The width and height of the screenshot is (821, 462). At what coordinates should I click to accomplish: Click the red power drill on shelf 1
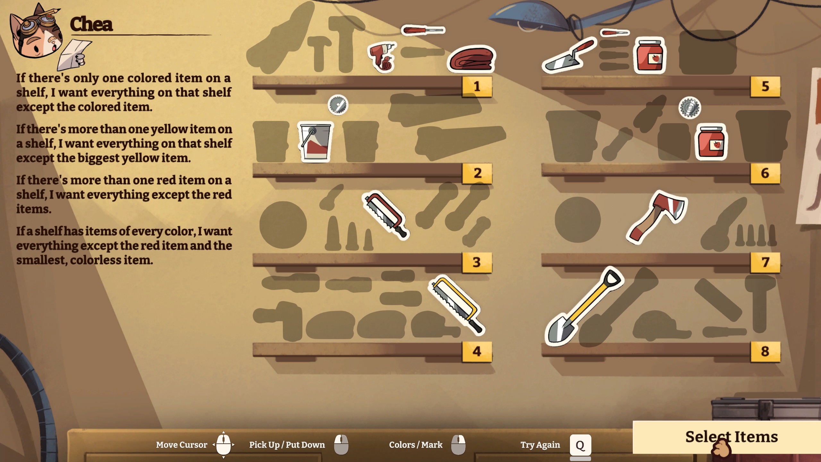click(x=382, y=57)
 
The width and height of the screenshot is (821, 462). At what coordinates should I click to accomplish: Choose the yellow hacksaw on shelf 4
click(x=457, y=304)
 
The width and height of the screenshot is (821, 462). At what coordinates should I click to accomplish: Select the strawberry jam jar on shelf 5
click(x=650, y=55)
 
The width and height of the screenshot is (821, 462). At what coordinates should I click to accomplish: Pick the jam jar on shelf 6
click(x=711, y=141)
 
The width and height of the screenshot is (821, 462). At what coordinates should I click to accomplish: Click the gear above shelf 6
click(x=690, y=108)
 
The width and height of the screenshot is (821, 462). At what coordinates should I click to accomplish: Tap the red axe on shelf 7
click(x=656, y=216)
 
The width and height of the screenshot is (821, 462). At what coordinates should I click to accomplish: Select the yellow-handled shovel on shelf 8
click(x=584, y=306)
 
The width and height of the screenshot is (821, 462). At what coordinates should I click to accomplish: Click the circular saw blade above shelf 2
click(x=338, y=105)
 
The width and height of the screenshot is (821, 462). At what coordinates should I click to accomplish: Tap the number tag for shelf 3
click(x=477, y=262)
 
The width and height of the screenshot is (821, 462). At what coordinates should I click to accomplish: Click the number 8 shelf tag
click(x=765, y=352)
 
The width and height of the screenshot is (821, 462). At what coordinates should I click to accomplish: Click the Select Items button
click(x=727, y=437)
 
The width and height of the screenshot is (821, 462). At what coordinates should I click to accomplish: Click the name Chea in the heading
click(x=91, y=24)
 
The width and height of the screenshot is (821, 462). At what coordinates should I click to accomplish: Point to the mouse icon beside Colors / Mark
click(x=458, y=445)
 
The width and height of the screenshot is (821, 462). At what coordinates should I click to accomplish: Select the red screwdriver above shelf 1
click(x=423, y=30)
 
